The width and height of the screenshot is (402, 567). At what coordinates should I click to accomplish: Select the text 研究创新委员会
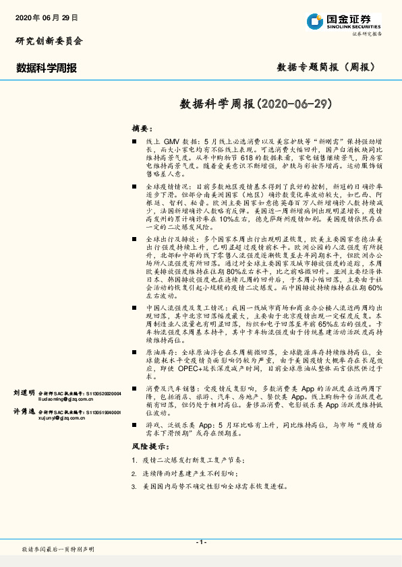[49, 41]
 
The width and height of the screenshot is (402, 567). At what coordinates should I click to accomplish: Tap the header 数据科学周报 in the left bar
[47, 67]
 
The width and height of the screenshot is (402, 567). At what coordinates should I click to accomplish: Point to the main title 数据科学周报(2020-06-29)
[257, 104]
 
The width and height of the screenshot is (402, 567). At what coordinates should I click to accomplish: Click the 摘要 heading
[142, 127]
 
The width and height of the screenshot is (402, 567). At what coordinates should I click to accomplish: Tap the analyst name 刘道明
[24, 392]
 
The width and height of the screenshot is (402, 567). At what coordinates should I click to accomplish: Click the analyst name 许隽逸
[24, 411]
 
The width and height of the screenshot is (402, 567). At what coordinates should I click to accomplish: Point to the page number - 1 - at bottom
[200, 542]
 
